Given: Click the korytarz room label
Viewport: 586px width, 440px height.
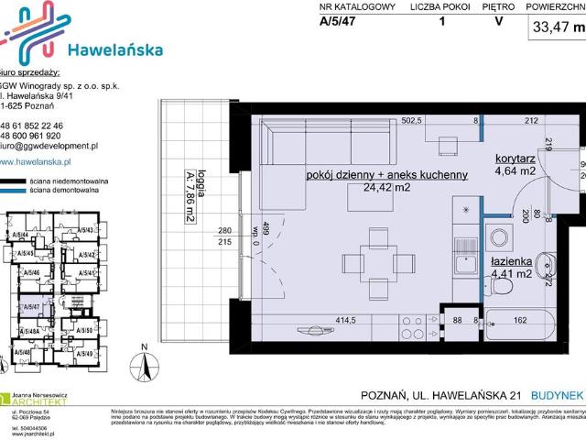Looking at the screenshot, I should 515,158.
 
